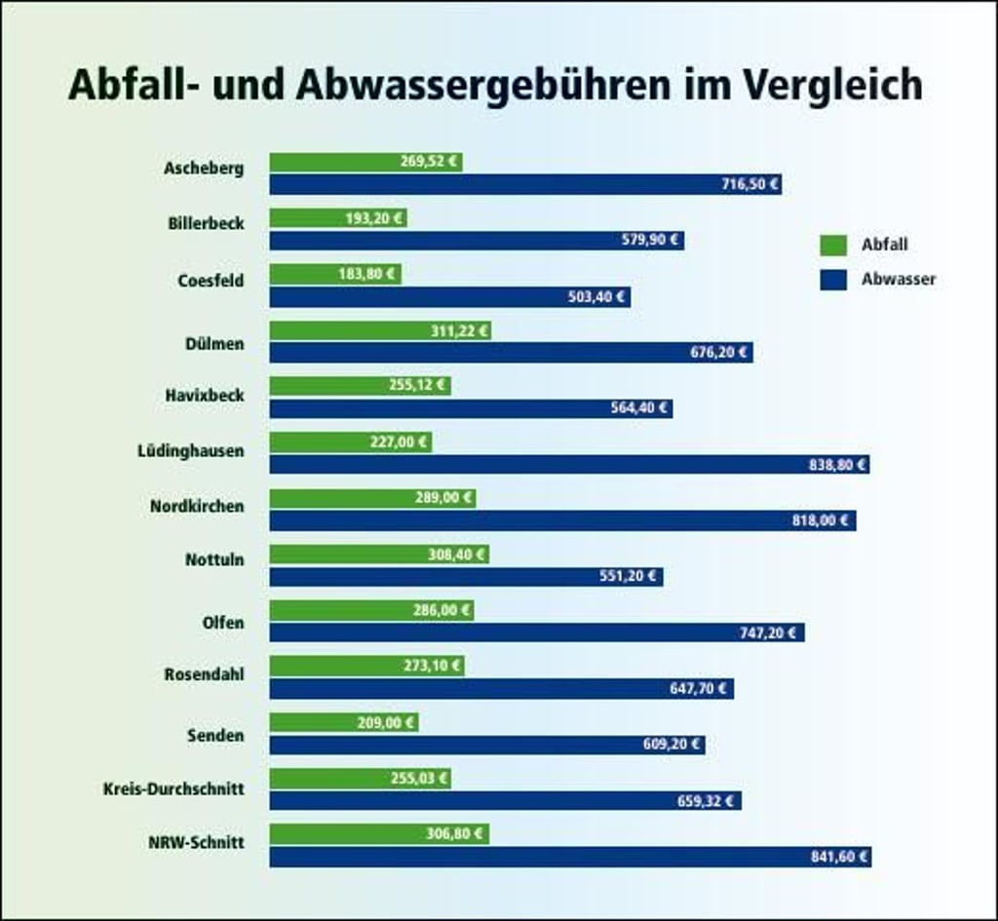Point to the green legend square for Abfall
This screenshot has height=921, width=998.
(x=832, y=246)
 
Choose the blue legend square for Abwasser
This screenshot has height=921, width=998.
(x=832, y=280)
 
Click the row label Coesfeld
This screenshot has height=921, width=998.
(x=211, y=281)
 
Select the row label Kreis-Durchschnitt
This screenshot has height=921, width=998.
(x=173, y=788)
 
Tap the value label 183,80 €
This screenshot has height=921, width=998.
(x=366, y=274)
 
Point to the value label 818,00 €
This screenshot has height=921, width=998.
(x=820, y=520)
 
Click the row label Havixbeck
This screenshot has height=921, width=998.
(x=205, y=396)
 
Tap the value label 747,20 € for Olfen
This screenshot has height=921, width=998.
(x=769, y=633)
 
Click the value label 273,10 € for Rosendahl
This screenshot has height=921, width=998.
(x=430, y=667)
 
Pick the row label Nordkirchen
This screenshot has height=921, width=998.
(x=197, y=507)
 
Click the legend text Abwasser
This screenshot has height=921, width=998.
(x=898, y=280)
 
